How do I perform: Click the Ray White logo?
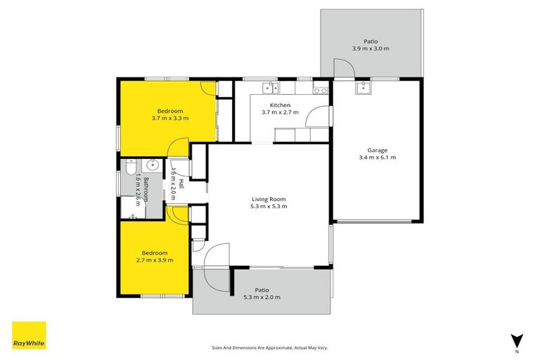coord(29,335)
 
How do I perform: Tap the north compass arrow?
coord(517,340)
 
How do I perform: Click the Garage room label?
coord(378,150)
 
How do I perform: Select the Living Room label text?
coord(269,199)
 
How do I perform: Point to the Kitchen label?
coord(271,105)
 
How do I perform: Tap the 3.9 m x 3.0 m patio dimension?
coord(371,49)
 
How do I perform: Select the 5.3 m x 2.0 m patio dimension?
coord(262,297)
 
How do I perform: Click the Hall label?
coord(181,184)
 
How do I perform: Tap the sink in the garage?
coord(364,88)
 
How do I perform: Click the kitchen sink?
coord(270,88)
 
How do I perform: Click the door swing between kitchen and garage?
coord(320,117)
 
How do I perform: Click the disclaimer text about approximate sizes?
coord(270,347)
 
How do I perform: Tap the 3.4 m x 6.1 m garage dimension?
coord(378,157)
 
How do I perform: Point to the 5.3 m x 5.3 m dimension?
coord(269,207)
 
